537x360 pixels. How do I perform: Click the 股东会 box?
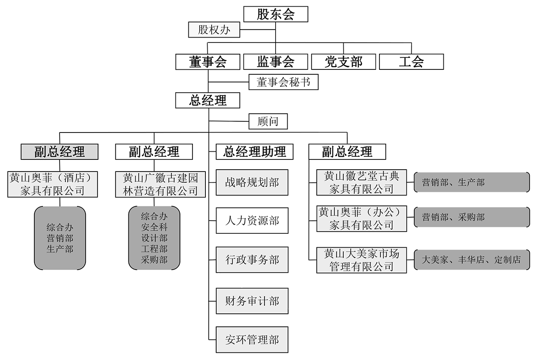276,14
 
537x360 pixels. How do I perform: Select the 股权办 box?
214,30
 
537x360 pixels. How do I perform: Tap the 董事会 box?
208,61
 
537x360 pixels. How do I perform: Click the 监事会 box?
276,61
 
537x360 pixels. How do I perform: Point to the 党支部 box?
343,61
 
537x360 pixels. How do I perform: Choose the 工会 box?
411,61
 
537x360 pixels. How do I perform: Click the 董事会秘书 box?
283,82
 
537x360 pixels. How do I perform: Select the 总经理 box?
208,100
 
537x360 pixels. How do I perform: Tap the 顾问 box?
268,121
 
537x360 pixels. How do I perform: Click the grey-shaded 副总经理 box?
60,151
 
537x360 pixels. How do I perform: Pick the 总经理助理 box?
255,151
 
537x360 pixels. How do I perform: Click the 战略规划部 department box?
252,182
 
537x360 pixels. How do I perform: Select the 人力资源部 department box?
252,221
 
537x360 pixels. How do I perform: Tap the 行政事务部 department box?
252,260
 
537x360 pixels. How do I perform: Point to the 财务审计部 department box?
252,300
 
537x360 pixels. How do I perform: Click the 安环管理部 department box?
252,340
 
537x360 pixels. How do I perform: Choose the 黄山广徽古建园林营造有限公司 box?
160,184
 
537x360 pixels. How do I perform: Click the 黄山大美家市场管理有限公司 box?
362,260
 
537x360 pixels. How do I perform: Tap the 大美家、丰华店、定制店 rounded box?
471,259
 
